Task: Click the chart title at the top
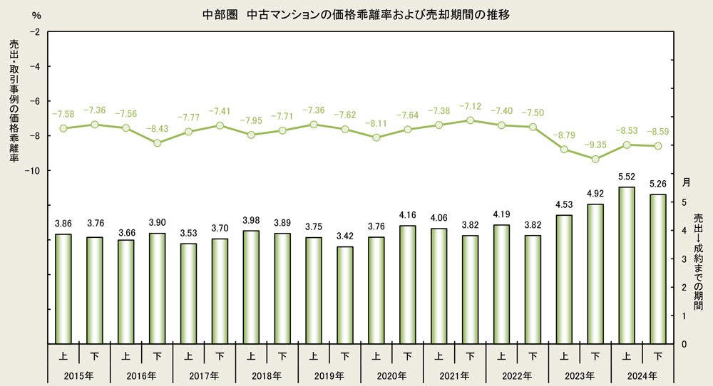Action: (x=356, y=14)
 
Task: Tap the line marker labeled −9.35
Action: (x=595, y=159)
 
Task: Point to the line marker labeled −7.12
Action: (x=470, y=120)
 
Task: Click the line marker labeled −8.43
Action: (x=158, y=143)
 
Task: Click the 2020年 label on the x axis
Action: (x=392, y=375)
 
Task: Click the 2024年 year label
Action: (x=642, y=375)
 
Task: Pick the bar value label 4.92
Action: (x=595, y=192)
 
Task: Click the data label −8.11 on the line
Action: (x=376, y=123)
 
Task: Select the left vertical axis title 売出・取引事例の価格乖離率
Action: (x=14, y=100)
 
